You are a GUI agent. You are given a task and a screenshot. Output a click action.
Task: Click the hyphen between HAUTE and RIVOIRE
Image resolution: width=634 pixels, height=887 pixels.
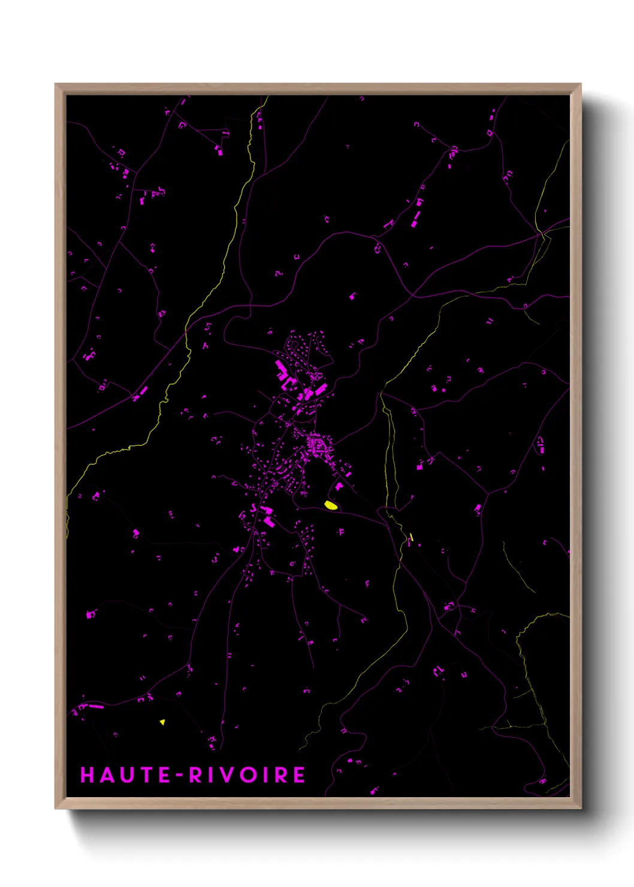(179, 776)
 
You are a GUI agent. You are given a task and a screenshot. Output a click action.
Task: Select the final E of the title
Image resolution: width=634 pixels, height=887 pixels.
(299, 775)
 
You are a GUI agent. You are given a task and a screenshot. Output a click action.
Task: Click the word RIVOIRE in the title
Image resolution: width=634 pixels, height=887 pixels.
(247, 775)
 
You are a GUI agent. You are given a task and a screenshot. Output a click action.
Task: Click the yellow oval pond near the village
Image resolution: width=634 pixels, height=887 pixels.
(330, 505)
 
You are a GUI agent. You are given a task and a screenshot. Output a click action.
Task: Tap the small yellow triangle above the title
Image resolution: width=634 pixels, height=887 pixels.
(162, 722)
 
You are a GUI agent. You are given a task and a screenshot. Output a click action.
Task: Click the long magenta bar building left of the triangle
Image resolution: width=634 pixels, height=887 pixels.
(96, 707)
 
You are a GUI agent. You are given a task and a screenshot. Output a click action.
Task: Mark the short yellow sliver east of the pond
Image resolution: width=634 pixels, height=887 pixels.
(411, 537)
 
